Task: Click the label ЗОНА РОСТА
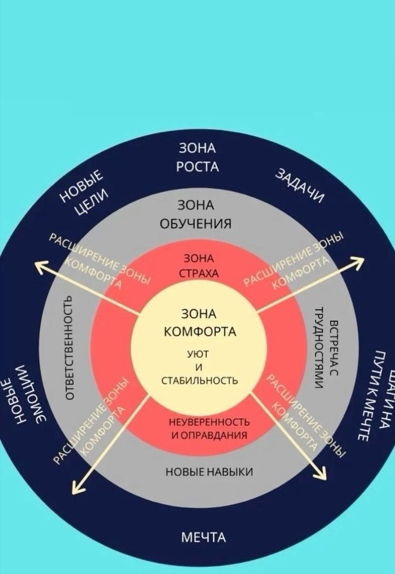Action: (197, 157)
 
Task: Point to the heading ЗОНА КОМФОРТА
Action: (199, 322)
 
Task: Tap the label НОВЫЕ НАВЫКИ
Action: (209, 472)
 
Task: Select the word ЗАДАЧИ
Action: (300, 186)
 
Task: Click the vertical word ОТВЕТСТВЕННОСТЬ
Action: (68, 347)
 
